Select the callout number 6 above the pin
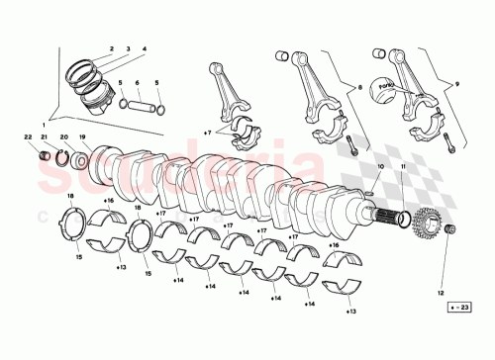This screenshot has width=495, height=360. [137, 83]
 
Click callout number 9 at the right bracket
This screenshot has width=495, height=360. [458, 86]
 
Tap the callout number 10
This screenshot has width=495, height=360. [380, 167]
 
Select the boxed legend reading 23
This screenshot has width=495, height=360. [457, 309]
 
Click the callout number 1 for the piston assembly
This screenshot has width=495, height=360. [43, 125]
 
